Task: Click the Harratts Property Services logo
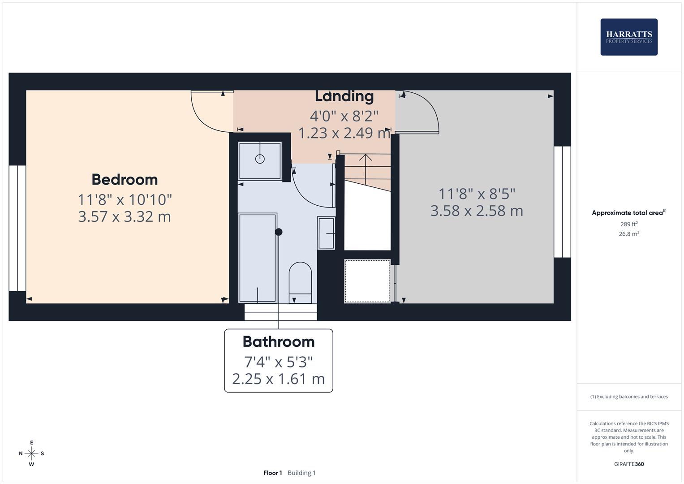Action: click(628, 37)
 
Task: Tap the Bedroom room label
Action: click(125, 180)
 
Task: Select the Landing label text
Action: click(344, 96)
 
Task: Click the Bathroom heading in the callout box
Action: click(278, 342)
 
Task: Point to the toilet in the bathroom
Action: click(300, 282)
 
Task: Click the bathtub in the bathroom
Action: click(258, 258)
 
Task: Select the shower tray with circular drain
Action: click(260, 160)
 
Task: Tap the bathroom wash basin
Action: click(326, 233)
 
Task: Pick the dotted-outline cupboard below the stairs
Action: click(367, 281)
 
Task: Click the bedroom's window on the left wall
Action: click(17, 228)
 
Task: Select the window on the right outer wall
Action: click(562, 202)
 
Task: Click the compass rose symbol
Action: click(31, 454)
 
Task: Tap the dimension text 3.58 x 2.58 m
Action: click(477, 211)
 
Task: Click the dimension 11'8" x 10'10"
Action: click(125, 199)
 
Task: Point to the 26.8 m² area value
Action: click(628, 233)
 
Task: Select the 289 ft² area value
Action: click(628, 224)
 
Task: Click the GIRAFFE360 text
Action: click(628, 464)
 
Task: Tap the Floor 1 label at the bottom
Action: click(272, 473)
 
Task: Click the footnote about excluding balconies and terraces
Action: click(628, 397)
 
